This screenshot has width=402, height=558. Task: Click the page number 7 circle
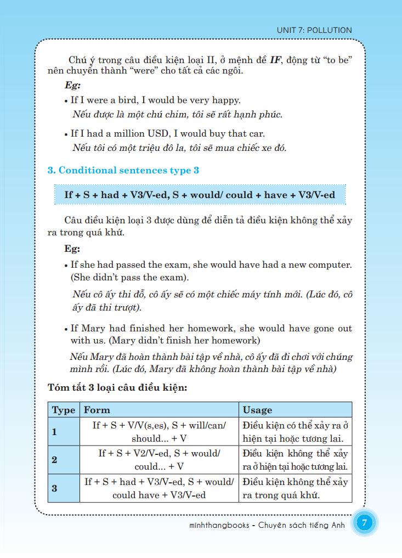(x=365, y=523)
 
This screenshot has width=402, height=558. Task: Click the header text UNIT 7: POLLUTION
(x=315, y=30)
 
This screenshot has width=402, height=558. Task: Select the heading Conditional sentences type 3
(x=123, y=171)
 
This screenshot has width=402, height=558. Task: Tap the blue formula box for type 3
(x=200, y=195)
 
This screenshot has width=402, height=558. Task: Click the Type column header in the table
(x=64, y=410)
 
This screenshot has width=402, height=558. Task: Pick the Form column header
(x=97, y=410)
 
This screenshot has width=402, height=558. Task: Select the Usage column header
(x=257, y=410)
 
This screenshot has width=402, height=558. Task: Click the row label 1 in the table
(x=54, y=432)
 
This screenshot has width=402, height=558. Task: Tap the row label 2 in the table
(x=54, y=460)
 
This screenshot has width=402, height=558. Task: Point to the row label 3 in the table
(x=54, y=488)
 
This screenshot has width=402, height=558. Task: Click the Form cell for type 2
(x=159, y=460)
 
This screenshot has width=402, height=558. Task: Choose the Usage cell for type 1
(x=295, y=432)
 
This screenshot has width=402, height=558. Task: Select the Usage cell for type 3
(x=295, y=488)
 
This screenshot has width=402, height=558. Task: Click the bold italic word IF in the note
(x=275, y=59)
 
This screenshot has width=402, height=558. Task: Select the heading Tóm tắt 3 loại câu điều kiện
(x=118, y=388)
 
